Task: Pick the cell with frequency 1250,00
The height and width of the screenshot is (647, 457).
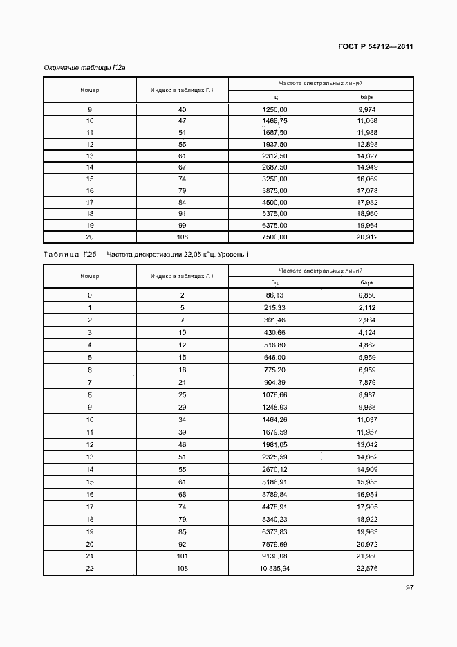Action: (x=274, y=110)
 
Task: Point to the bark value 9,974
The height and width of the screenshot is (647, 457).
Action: (x=367, y=110)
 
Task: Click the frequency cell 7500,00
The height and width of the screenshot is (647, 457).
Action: (x=274, y=237)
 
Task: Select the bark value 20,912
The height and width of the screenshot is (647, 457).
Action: (x=367, y=237)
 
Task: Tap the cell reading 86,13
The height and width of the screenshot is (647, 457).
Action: (x=274, y=295)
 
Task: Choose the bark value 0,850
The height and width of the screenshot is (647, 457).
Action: (x=367, y=295)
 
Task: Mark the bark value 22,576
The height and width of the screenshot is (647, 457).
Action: (x=367, y=569)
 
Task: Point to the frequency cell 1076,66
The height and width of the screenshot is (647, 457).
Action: (x=274, y=394)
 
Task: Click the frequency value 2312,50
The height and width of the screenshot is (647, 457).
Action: (x=274, y=156)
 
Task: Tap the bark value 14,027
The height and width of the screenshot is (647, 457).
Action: (x=367, y=156)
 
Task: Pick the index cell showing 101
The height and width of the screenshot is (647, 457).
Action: (x=183, y=556)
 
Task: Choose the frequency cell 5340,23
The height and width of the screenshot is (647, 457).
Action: (x=274, y=519)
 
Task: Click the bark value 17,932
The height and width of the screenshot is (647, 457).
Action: (x=367, y=202)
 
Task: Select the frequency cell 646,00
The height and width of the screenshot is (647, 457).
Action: (x=274, y=357)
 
